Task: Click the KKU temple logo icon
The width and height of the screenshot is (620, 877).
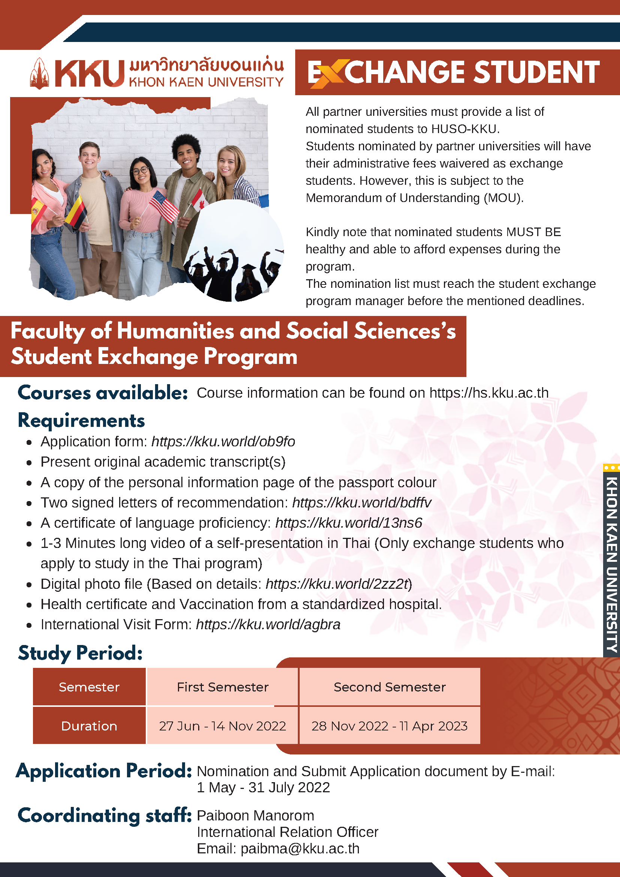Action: (39, 73)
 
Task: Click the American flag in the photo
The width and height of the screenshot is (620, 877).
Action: (164, 207)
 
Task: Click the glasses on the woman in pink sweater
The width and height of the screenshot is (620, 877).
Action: (140, 171)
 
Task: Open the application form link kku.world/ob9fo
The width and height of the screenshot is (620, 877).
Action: (223, 441)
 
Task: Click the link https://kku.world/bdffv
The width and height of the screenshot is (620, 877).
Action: (362, 503)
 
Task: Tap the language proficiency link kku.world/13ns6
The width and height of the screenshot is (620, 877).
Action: (348, 523)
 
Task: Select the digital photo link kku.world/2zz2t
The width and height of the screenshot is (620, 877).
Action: (338, 584)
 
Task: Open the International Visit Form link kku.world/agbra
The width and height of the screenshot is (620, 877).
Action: (268, 624)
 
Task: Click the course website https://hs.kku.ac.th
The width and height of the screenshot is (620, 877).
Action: (489, 393)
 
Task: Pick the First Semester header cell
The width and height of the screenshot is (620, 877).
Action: (223, 687)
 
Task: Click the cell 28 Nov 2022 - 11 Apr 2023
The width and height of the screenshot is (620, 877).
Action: (389, 726)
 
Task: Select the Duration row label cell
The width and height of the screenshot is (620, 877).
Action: (89, 726)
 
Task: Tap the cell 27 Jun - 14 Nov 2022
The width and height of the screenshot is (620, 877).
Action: (223, 726)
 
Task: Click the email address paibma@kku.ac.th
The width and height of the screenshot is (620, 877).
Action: (300, 849)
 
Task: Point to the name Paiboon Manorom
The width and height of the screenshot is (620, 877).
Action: (255, 816)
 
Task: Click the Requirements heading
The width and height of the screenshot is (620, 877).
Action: (81, 421)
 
